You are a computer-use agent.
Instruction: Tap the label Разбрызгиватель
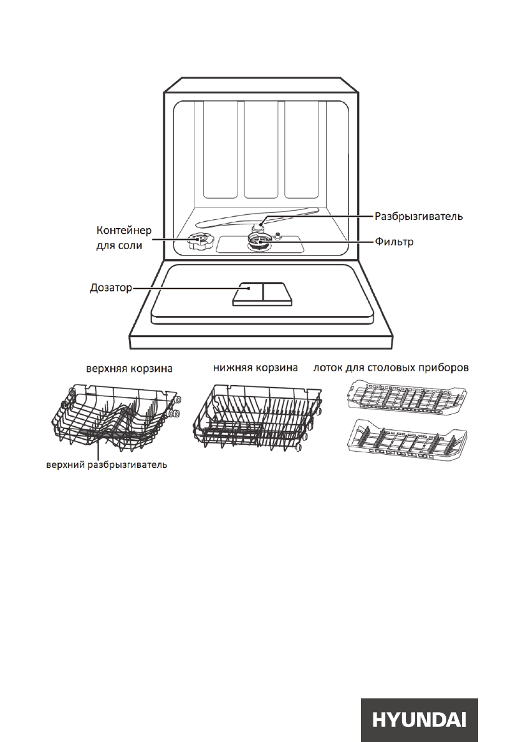418,217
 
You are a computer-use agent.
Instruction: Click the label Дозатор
108,289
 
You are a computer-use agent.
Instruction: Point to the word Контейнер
118,231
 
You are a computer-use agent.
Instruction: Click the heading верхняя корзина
129,369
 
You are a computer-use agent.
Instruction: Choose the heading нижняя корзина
256,368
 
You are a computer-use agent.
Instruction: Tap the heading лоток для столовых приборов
391,368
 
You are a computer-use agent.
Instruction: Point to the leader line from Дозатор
187,288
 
